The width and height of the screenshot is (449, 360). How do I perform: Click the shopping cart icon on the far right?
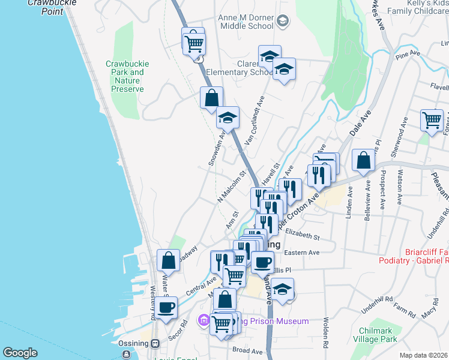[x=432, y=120]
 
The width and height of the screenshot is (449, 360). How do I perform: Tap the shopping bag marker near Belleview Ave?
[x=363, y=160]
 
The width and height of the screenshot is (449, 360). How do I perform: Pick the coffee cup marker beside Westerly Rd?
[x=166, y=308]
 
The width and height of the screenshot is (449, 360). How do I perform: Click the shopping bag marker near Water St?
[x=169, y=260]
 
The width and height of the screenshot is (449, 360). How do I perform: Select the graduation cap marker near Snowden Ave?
[x=228, y=118]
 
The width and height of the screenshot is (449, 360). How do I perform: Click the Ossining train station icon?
[x=155, y=343]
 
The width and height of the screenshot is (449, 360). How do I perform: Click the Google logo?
[x=20, y=353]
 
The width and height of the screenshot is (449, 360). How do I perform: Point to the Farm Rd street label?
[x=404, y=309]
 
